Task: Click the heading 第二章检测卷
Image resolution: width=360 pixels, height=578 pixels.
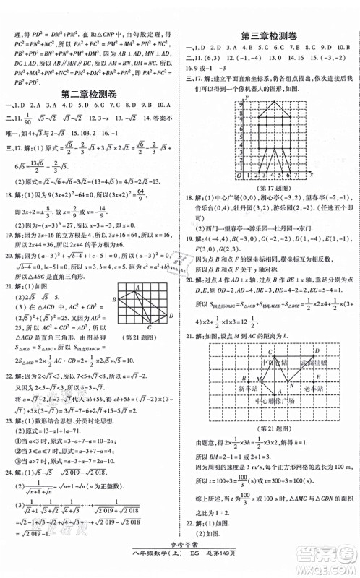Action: click(x=90, y=92)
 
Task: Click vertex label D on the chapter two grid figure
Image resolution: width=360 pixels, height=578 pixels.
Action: click(x=169, y=314)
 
